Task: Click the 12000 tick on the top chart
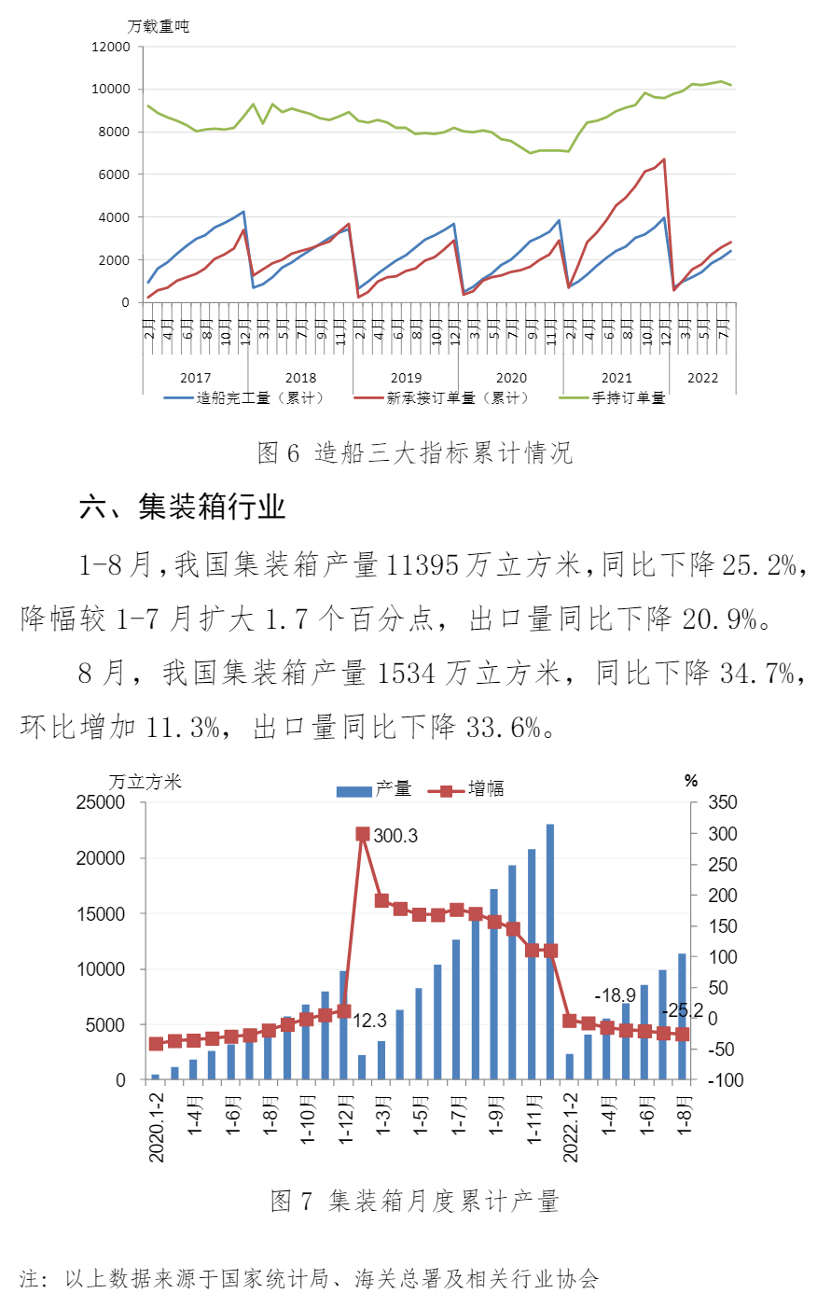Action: tap(110, 47)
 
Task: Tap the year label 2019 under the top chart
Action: tap(406, 378)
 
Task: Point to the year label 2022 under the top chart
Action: tap(702, 378)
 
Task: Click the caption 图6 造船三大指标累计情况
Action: tap(414, 453)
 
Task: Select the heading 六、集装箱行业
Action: tap(183, 507)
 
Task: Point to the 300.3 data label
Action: tap(395, 836)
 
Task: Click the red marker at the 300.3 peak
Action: tap(363, 834)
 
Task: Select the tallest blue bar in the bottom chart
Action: tap(550, 952)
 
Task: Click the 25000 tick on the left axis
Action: tap(100, 802)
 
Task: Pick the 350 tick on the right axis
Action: tap(723, 802)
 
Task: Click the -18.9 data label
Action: tap(615, 995)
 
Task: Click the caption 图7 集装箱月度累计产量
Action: tap(414, 1201)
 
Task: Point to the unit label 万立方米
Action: tap(145, 782)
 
